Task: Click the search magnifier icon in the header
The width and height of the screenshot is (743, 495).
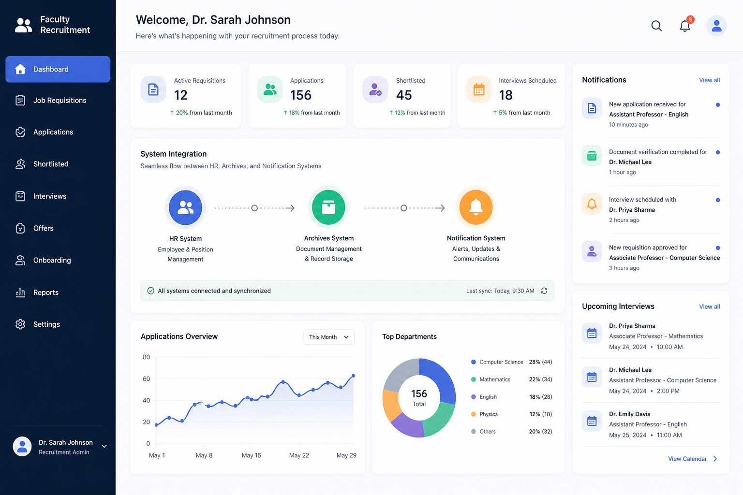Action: pyautogui.click(x=656, y=26)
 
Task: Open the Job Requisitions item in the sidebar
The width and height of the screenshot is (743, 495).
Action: pyautogui.click(x=59, y=100)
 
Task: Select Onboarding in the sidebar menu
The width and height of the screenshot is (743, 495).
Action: pyautogui.click(x=52, y=260)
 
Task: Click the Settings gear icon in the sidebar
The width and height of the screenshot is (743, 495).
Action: pyautogui.click(x=20, y=324)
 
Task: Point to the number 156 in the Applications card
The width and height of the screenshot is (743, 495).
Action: pyautogui.click(x=301, y=95)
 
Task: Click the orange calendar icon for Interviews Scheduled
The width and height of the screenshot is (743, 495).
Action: pyautogui.click(x=478, y=89)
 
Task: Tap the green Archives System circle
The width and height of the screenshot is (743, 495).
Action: pyautogui.click(x=328, y=207)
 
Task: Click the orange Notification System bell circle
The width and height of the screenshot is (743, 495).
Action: pyautogui.click(x=476, y=207)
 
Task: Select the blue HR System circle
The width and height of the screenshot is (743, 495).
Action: pyautogui.click(x=185, y=207)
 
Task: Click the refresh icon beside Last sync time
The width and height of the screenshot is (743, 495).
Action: pyautogui.click(x=544, y=291)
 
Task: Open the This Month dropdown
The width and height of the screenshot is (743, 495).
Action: pyautogui.click(x=329, y=337)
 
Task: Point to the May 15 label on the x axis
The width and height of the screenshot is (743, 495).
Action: pyautogui.click(x=252, y=455)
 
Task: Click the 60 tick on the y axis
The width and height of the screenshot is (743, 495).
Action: pyautogui.click(x=146, y=379)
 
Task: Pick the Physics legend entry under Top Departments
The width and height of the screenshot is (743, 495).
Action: pyautogui.click(x=489, y=414)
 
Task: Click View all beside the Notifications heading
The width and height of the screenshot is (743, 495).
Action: pyautogui.click(x=710, y=80)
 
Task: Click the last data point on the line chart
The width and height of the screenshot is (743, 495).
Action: pyautogui.click(x=353, y=376)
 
